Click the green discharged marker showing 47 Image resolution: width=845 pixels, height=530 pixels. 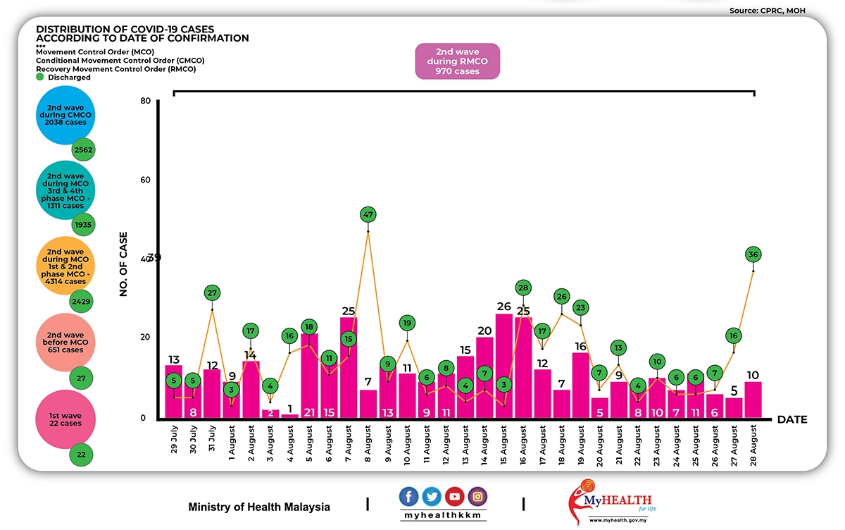(368, 214)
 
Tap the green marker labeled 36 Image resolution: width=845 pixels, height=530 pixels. (753, 254)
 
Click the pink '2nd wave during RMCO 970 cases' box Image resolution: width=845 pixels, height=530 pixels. (457, 62)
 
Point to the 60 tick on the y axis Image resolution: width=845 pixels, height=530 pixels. (146, 180)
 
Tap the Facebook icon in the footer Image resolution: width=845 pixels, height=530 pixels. (409, 496)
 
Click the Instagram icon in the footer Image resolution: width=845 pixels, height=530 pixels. (478, 496)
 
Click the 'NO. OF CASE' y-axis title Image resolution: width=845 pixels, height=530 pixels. (124, 264)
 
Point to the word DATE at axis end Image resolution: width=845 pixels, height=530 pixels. (792, 420)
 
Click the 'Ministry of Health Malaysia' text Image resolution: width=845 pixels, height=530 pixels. (259, 507)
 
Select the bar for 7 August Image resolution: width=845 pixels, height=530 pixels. (349, 366)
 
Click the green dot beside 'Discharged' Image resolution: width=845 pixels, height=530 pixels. (40, 78)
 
